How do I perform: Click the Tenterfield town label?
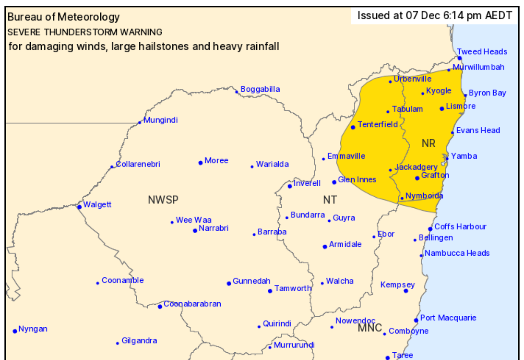377,124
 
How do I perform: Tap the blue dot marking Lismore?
442,109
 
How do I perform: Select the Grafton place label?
435,175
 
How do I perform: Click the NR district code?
428,144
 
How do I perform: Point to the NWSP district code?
163,200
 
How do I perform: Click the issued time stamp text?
434,16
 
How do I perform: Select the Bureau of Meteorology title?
63,17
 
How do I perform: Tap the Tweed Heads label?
482,52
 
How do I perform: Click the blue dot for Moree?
201,163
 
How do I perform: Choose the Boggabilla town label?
260,89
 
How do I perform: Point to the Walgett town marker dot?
79,207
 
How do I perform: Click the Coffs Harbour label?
460,227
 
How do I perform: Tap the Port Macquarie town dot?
416,320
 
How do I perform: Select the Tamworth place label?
293,288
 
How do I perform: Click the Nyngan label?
33,329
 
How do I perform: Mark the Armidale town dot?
325,247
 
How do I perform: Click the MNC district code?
370,328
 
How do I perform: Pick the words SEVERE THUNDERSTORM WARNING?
85,32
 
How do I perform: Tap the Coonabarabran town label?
192,304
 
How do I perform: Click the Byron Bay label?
487,93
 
